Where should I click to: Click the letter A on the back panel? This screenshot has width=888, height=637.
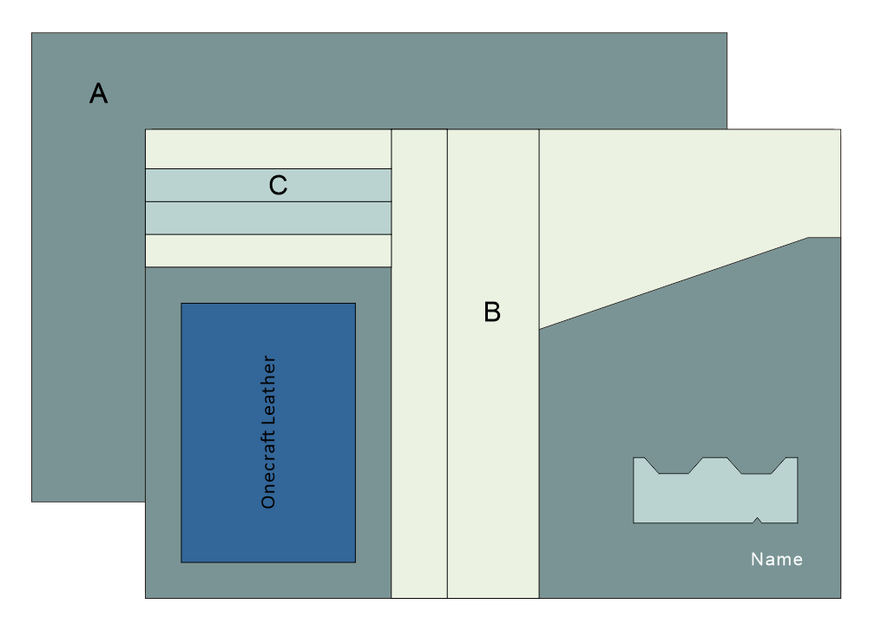coord(99,93)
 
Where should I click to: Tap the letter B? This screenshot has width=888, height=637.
coord(492,312)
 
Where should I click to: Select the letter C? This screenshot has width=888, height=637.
coord(278,185)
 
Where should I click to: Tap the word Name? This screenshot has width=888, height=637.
coord(777,560)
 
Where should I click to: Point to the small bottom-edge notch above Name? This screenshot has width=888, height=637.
coord(757,521)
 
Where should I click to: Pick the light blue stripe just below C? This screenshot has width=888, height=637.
coord(267,218)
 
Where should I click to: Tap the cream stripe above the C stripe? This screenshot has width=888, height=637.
coord(267,148)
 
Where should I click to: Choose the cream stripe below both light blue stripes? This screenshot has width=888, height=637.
coord(267,251)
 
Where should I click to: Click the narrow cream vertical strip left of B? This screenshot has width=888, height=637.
coord(419,364)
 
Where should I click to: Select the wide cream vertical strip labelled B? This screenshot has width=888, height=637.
coord(492,434)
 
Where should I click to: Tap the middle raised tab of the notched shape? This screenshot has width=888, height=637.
coord(714,463)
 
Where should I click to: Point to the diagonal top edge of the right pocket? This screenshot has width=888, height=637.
coord(673,283)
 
